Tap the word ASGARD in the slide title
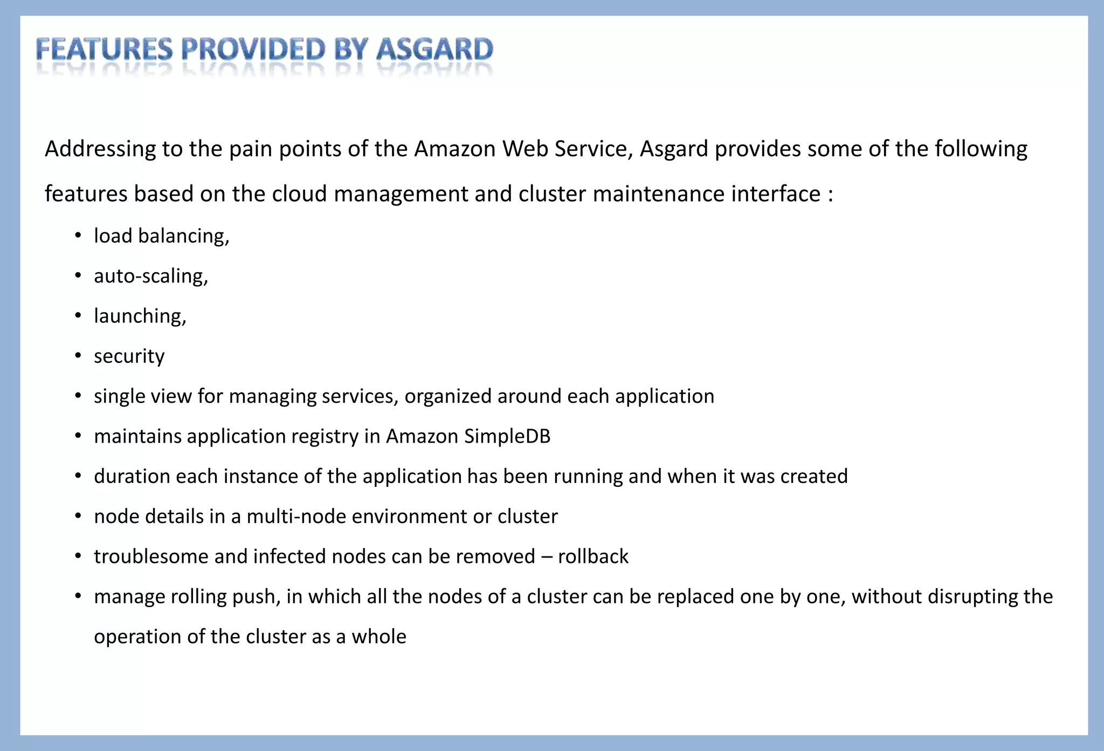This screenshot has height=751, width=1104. click(x=434, y=50)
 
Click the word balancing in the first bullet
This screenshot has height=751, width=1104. click(x=183, y=236)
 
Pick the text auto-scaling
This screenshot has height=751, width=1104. click(x=150, y=276)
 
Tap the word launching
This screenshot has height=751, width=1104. click(x=140, y=316)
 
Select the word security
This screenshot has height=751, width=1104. click(x=129, y=356)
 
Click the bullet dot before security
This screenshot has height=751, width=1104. click(x=78, y=356)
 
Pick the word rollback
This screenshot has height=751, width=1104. click(x=593, y=556)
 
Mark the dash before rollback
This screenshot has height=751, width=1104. click(x=547, y=557)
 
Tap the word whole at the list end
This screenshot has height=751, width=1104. click(x=379, y=637)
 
